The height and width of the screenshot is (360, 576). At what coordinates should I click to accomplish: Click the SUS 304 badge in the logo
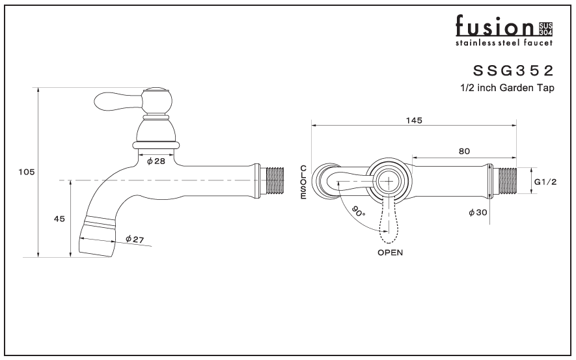(x=545, y=29)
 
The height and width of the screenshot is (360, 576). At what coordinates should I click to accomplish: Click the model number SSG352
(x=513, y=70)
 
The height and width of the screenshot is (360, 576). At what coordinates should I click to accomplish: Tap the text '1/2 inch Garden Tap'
(x=507, y=88)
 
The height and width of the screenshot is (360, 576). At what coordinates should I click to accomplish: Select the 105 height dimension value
(x=27, y=172)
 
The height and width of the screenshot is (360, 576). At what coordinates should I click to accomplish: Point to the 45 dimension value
(x=59, y=219)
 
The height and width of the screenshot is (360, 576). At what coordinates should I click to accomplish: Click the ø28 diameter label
(x=156, y=161)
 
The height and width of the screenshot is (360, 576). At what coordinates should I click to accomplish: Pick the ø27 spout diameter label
(x=135, y=239)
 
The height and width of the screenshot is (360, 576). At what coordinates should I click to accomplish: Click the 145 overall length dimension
(x=414, y=120)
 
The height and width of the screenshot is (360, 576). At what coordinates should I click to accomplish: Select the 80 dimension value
(x=464, y=151)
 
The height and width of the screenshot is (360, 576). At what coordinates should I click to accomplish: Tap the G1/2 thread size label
(x=545, y=182)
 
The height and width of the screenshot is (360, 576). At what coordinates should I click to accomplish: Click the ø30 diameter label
(x=478, y=212)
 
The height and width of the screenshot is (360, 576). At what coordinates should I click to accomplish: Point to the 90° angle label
(x=358, y=211)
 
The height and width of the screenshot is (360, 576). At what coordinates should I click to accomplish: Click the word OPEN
(x=390, y=253)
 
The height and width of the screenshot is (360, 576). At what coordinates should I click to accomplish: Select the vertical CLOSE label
(x=303, y=182)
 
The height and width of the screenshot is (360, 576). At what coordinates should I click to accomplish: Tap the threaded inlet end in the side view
(x=275, y=180)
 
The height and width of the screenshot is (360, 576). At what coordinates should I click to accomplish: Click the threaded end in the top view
(x=506, y=181)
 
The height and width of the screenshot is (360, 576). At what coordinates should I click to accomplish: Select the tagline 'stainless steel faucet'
(x=504, y=43)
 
